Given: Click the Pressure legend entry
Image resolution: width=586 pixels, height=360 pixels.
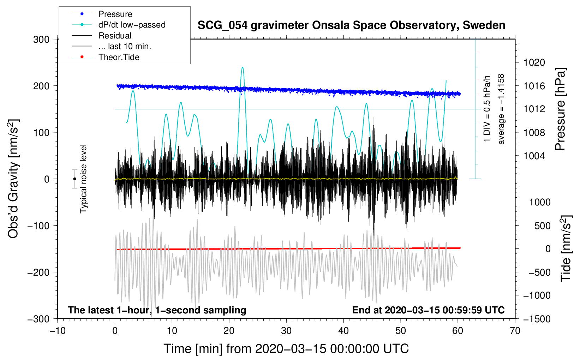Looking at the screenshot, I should (115, 14).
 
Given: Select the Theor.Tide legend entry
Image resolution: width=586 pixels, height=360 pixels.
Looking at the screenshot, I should (119, 57).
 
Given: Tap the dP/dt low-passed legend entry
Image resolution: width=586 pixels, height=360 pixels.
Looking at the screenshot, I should (132, 25).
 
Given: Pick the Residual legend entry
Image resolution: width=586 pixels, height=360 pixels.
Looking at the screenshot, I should (115, 36).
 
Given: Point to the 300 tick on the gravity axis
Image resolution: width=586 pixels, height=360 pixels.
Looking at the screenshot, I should (41, 40).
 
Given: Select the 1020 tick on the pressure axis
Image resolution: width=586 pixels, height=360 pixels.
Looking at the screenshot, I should (534, 62).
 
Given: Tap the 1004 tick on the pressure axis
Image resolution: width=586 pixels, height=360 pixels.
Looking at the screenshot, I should (534, 156).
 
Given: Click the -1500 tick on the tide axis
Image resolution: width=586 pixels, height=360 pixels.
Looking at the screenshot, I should (537, 319).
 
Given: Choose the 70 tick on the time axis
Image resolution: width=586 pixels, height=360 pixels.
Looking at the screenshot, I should (515, 331).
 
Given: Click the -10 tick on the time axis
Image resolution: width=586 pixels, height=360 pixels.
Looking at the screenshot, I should (58, 331).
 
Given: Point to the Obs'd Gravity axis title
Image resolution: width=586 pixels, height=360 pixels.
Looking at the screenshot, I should (13, 179).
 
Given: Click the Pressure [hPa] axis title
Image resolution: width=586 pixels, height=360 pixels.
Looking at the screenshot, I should (560, 109).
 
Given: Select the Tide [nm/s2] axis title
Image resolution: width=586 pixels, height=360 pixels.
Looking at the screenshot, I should (566, 248).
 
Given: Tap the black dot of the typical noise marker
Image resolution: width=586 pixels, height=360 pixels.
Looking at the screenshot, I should (75, 179).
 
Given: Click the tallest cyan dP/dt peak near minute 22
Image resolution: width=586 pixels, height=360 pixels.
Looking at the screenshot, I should (242, 67).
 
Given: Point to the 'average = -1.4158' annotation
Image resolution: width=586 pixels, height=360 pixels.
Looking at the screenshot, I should (501, 109).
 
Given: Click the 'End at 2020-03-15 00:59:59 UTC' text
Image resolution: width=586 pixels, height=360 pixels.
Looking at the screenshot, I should (428, 310).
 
